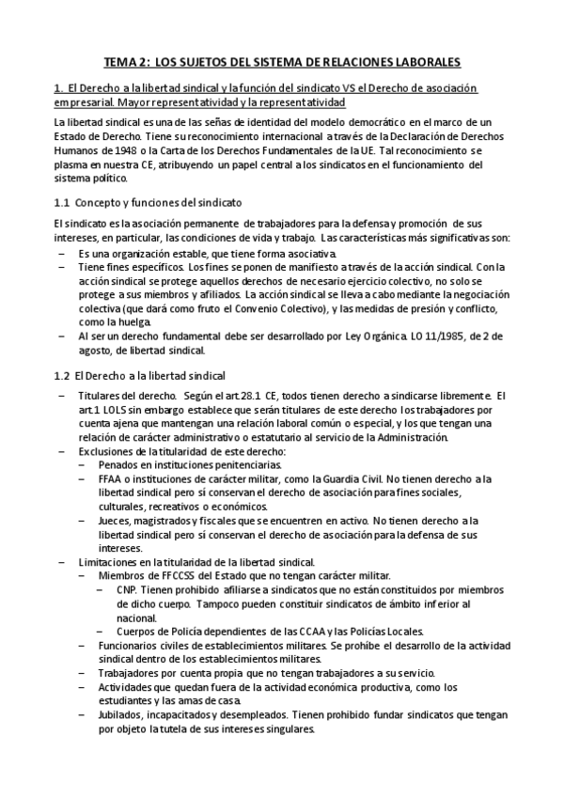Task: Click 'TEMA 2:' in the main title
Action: [x=124, y=62]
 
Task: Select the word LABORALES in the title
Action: [x=419, y=62]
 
